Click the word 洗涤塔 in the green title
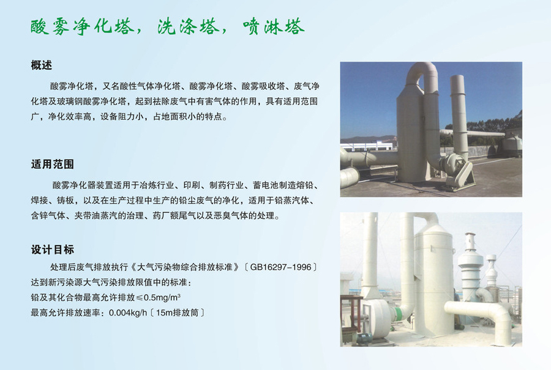click(x=189, y=27)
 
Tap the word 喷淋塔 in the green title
click(x=273, y=27)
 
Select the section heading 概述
click(x=42, y=65)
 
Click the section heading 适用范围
click(x=53, y=165)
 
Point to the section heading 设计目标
click(x=53, y=250)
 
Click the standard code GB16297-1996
click(x=281, y=267)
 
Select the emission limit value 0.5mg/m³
click(x=162, y=297)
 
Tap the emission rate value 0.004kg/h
click(x=128, y=313)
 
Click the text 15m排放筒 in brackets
click(x=177, y=313)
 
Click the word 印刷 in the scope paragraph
click(x=192, y=185)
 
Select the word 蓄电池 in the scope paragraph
click(x=266, y=185)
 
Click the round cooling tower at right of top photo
click(x=511, y=146)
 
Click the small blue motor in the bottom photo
click(x=365, y=338)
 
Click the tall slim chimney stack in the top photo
click(x=459, y=116)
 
